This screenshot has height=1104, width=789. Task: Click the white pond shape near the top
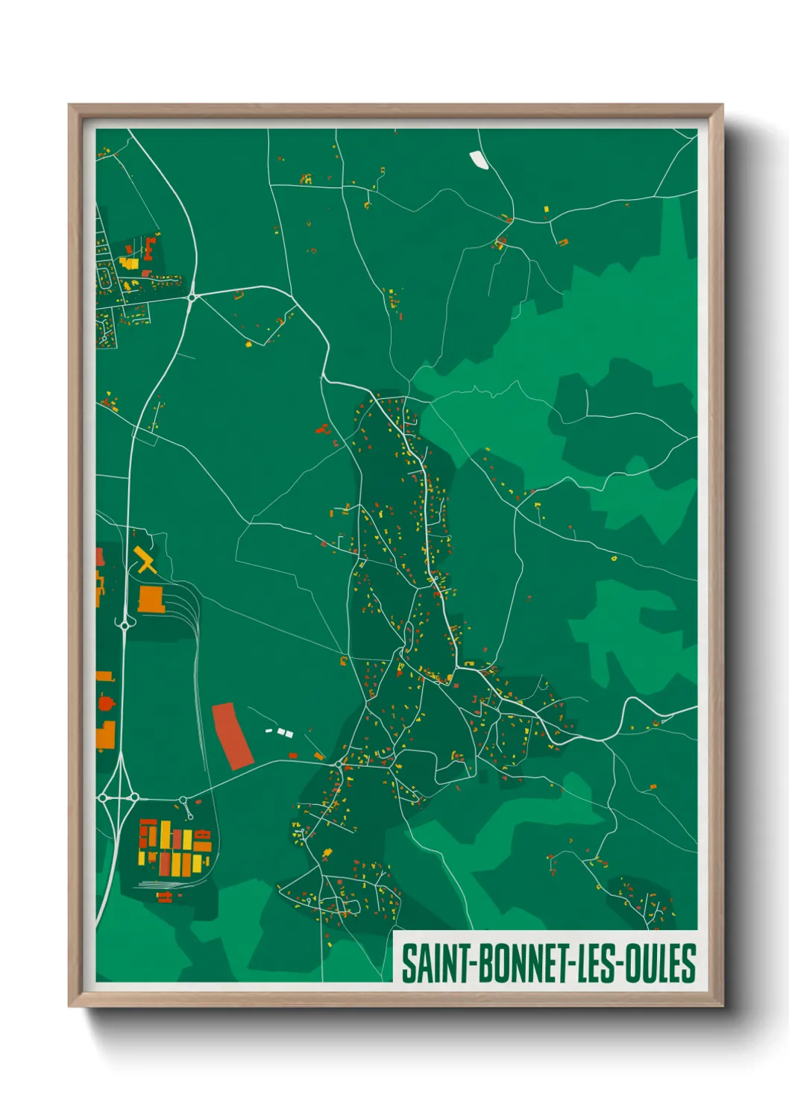point(477,159)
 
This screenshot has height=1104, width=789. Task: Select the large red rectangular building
point(232,736)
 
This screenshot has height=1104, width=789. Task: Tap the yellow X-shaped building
point(145,559)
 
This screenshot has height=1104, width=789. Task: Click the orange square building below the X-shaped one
point(151,599)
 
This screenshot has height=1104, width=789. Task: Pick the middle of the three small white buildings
point(281,732)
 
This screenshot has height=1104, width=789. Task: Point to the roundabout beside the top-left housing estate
point(192,298)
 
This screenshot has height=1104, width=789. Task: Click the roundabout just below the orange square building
point(124,625)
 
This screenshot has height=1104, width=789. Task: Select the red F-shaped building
point(150,245)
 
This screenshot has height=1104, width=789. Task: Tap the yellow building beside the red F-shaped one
point(130,263)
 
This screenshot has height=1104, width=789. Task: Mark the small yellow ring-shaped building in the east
point(614,557)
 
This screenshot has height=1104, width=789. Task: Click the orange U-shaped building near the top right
point(563,242)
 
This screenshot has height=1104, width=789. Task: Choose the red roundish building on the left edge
point(104,702)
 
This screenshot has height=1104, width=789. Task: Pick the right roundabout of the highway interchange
point(134,797)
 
